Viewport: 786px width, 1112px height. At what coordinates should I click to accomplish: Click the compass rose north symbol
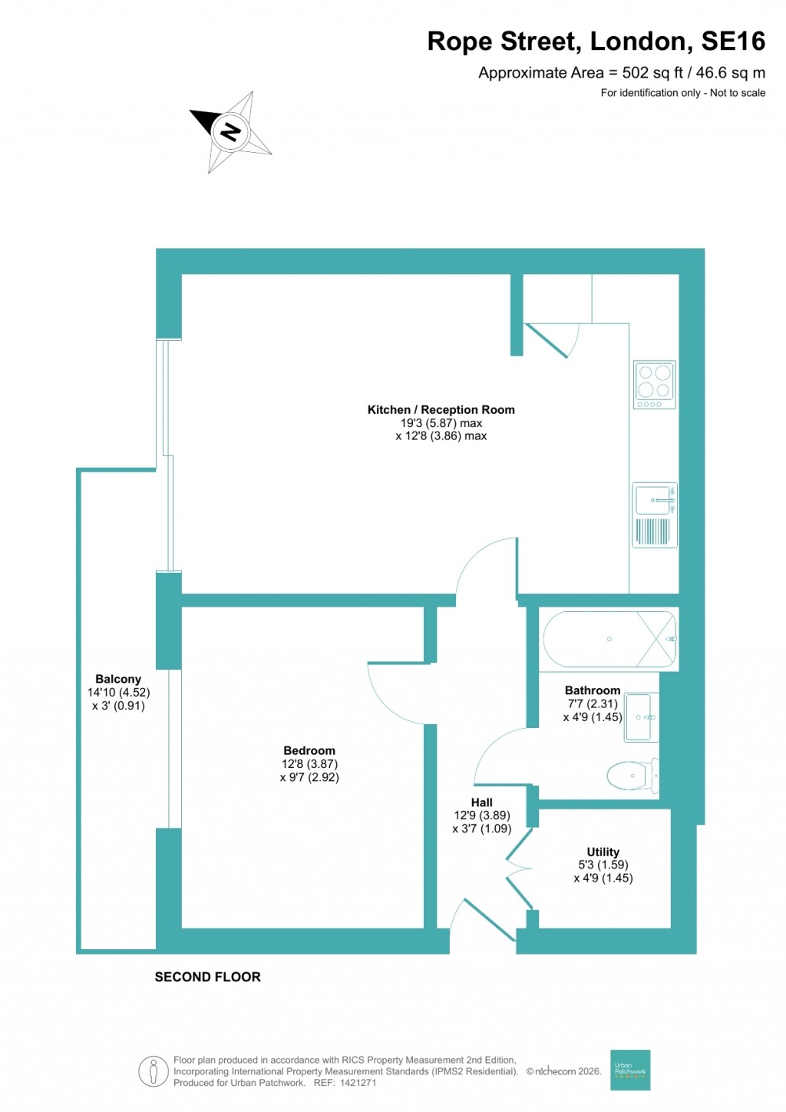tap(230, 131)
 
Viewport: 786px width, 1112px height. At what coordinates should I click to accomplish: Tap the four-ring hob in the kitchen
tap(654, 384)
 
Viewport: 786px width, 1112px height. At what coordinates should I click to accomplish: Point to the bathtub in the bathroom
tap(609, 639)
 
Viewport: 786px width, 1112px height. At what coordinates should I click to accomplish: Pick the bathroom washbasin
tap(641, 717)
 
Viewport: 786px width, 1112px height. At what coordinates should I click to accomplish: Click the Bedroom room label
tap(309, 750)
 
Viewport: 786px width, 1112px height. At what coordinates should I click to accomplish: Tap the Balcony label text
tap(118, 679)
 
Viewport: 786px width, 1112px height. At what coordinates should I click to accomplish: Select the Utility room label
tap(603, 852)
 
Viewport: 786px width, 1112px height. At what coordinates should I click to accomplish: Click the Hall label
tap(482, 803)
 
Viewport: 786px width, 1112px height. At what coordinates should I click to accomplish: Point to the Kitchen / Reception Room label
tap(441, 410)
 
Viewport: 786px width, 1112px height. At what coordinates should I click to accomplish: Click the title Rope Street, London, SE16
tap(596, 41)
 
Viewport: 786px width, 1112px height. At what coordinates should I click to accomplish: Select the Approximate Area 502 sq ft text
tap(621, 73)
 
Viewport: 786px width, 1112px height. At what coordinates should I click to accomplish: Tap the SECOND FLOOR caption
tap(207, 977)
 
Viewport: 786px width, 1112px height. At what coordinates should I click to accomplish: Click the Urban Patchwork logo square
tap(630, 1070)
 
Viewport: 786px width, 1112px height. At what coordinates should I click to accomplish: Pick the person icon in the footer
tap(154, 1071)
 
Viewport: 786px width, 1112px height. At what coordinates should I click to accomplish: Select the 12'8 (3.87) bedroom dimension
tap(309, 764)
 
